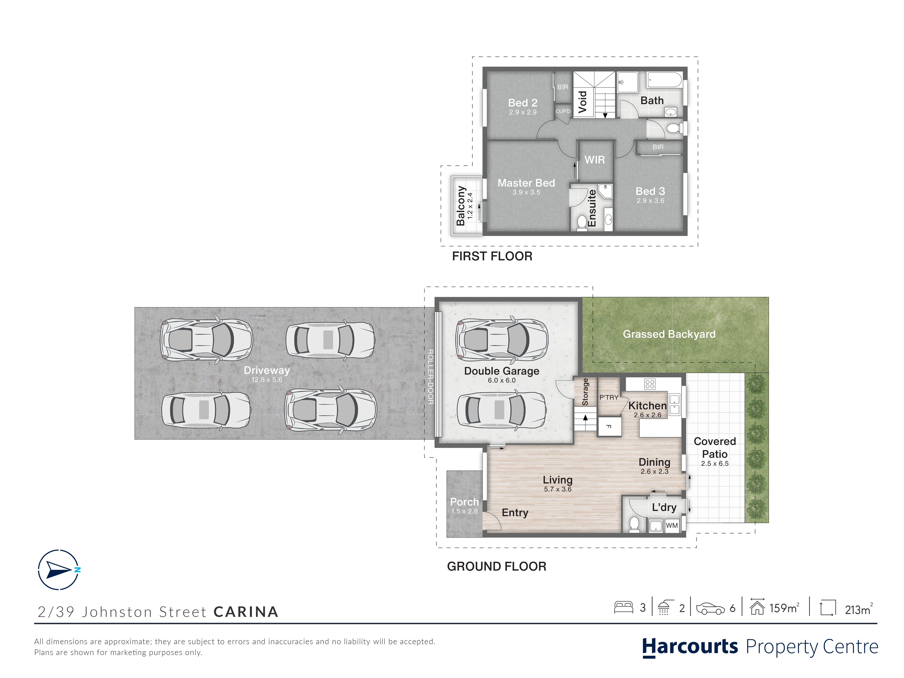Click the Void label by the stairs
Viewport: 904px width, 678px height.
[582, 102]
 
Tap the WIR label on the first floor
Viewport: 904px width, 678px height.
[595, 160]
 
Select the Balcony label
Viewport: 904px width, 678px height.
[461, 206]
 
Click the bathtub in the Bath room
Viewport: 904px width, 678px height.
[664, 80]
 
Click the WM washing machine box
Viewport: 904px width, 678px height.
[671, 526]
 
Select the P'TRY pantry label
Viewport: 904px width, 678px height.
[609, 397]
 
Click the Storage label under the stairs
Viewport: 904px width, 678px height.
[585, 391]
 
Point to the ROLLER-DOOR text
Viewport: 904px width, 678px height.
[430, 377]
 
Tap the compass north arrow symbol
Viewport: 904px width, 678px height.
[59, 570]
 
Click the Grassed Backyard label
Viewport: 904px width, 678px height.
[669, 334]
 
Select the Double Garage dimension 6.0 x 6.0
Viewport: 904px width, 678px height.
[502, 380]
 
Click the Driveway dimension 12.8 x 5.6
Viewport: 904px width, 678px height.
[266, 380]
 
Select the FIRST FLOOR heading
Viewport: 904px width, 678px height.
[492, 256]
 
